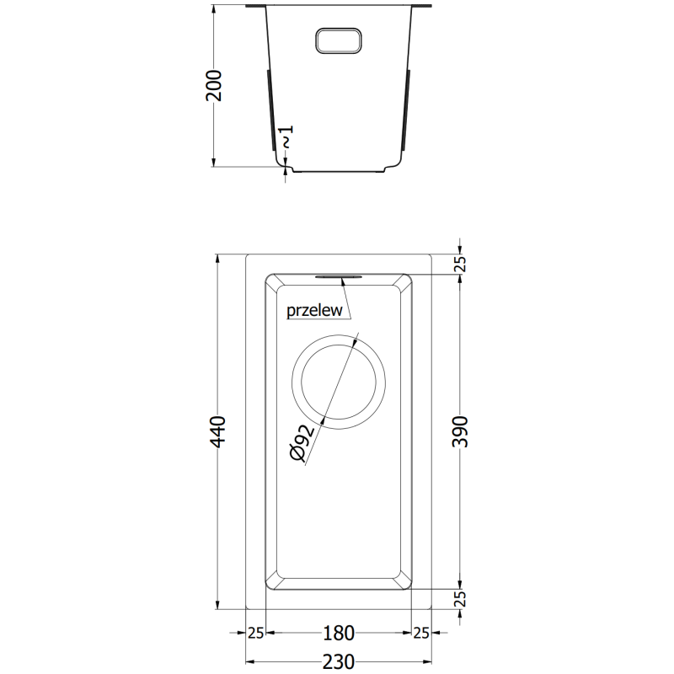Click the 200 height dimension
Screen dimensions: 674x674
coord(215,85)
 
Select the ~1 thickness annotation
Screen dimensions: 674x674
coord(287,136)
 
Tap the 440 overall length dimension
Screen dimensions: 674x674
coord(219,431)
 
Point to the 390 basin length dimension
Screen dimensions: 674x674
coord(460,431)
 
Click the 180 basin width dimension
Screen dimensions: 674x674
coord(338,633)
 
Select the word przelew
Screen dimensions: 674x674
coord(314,310)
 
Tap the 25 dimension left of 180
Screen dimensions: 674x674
coord(256,633)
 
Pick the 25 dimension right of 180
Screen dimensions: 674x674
coord(420,633)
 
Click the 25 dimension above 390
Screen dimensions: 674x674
coord(460,264)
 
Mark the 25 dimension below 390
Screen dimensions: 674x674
coord(460,599)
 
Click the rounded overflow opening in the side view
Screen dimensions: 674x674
coord(338,40)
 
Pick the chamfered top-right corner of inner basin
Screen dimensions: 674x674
coord(404,281)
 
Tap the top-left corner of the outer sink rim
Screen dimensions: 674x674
coord(246,254)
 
